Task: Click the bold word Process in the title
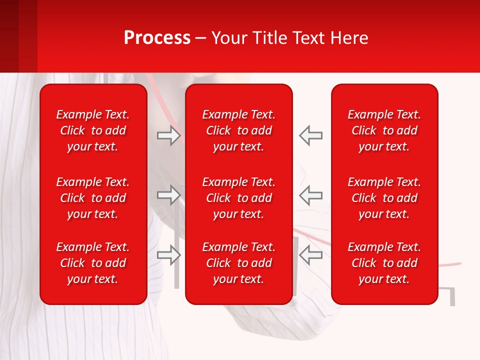coord(157,38)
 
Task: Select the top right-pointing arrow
coord(168,135)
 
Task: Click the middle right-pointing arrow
coord(168,195)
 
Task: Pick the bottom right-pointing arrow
coord(168,255)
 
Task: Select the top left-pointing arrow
coord(311,135)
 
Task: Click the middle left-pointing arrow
coord(311,195)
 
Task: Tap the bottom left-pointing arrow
coord(311,255)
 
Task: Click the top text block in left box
coord(93,130)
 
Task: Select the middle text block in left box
coord(93,198)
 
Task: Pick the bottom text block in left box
coord(93,263)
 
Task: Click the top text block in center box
coord(239,130)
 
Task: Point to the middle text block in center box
coord(239,198)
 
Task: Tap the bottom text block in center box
coord(239,263)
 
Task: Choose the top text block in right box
coord(384,130)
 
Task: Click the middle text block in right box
coord(384,198)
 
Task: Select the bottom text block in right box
coord(384,263)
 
